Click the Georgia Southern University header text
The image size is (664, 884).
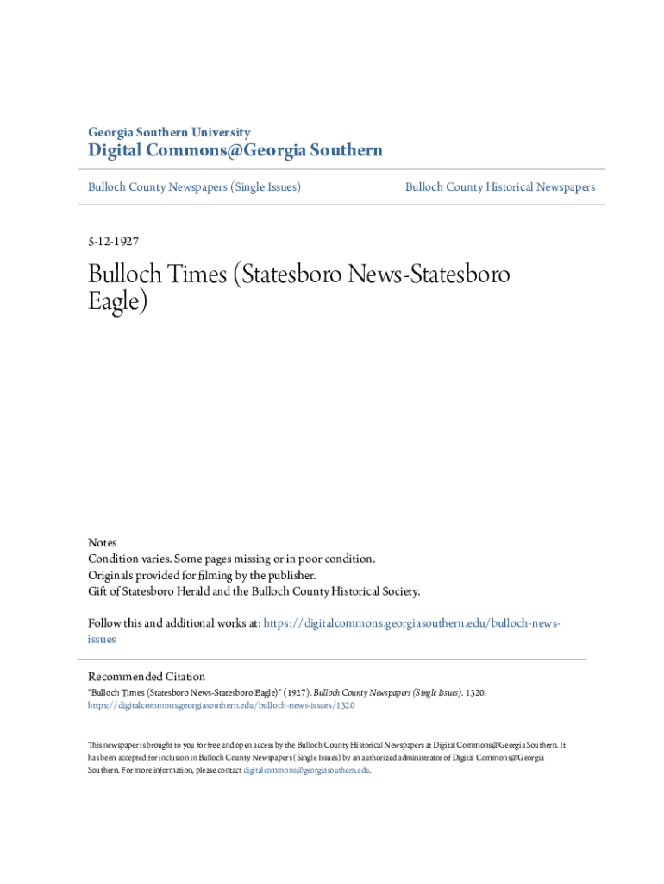click(x=169, y=132)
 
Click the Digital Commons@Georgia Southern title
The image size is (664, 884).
click(x=235, y=151)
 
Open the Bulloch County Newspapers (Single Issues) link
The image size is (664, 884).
click(x=194, y=186)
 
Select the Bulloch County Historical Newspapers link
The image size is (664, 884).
click(x=500, y=186)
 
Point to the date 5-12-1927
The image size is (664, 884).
click(x=113, y=243)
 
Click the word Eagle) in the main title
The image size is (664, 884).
click(x=118, y=302)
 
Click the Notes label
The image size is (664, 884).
click(x=102, y=542)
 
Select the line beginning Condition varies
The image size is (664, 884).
click(x=231, y=559)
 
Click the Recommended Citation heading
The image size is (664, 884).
click(x=147, y=677)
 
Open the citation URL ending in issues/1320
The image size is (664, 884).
click(x=221, y=705)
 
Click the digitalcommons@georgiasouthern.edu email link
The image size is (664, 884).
click(x=306, y=769)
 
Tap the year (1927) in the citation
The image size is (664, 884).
click(x=294, y=692)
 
